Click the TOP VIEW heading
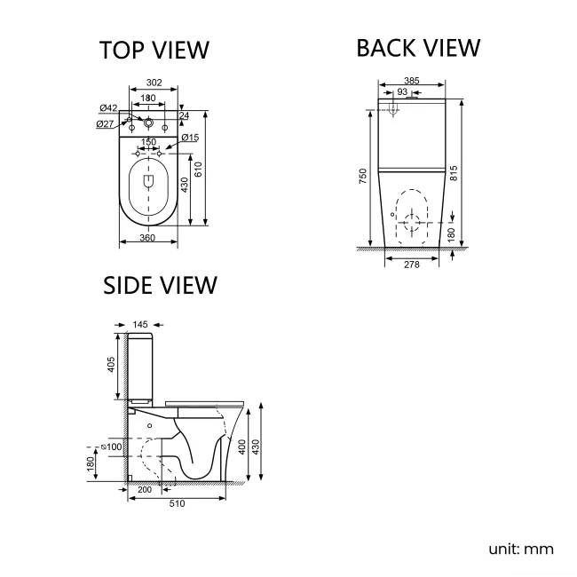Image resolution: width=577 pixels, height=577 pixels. point(154,51)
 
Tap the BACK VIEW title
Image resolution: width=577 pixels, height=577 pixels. point(418,48)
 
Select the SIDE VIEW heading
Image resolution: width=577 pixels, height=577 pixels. point(161,285)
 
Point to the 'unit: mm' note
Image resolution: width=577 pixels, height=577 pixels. point(521,549)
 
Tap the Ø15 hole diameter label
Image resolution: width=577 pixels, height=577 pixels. point(189,137)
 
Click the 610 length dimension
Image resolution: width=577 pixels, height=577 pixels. point(211,169)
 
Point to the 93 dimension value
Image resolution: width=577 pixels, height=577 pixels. point(402,92)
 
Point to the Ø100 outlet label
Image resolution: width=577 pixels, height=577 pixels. point(114,446)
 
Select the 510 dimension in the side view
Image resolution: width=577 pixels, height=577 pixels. point(178,503)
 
